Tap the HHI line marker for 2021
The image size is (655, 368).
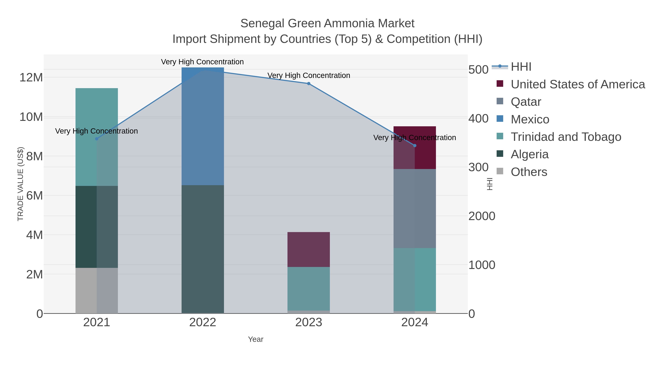point(97,139)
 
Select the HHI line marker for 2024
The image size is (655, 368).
point(415,146)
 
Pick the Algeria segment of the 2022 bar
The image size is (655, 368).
point(203,249)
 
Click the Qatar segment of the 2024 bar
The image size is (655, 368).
point(415,208)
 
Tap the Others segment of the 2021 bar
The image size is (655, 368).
point(97,290)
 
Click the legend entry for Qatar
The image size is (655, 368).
point(526,102)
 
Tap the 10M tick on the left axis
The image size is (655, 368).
point(31,117)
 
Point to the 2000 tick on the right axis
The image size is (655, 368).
point(482,216)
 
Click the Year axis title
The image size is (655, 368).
point(256,339)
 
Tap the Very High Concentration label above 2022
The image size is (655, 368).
point(202,62)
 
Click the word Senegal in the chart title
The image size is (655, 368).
point(262,23)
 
